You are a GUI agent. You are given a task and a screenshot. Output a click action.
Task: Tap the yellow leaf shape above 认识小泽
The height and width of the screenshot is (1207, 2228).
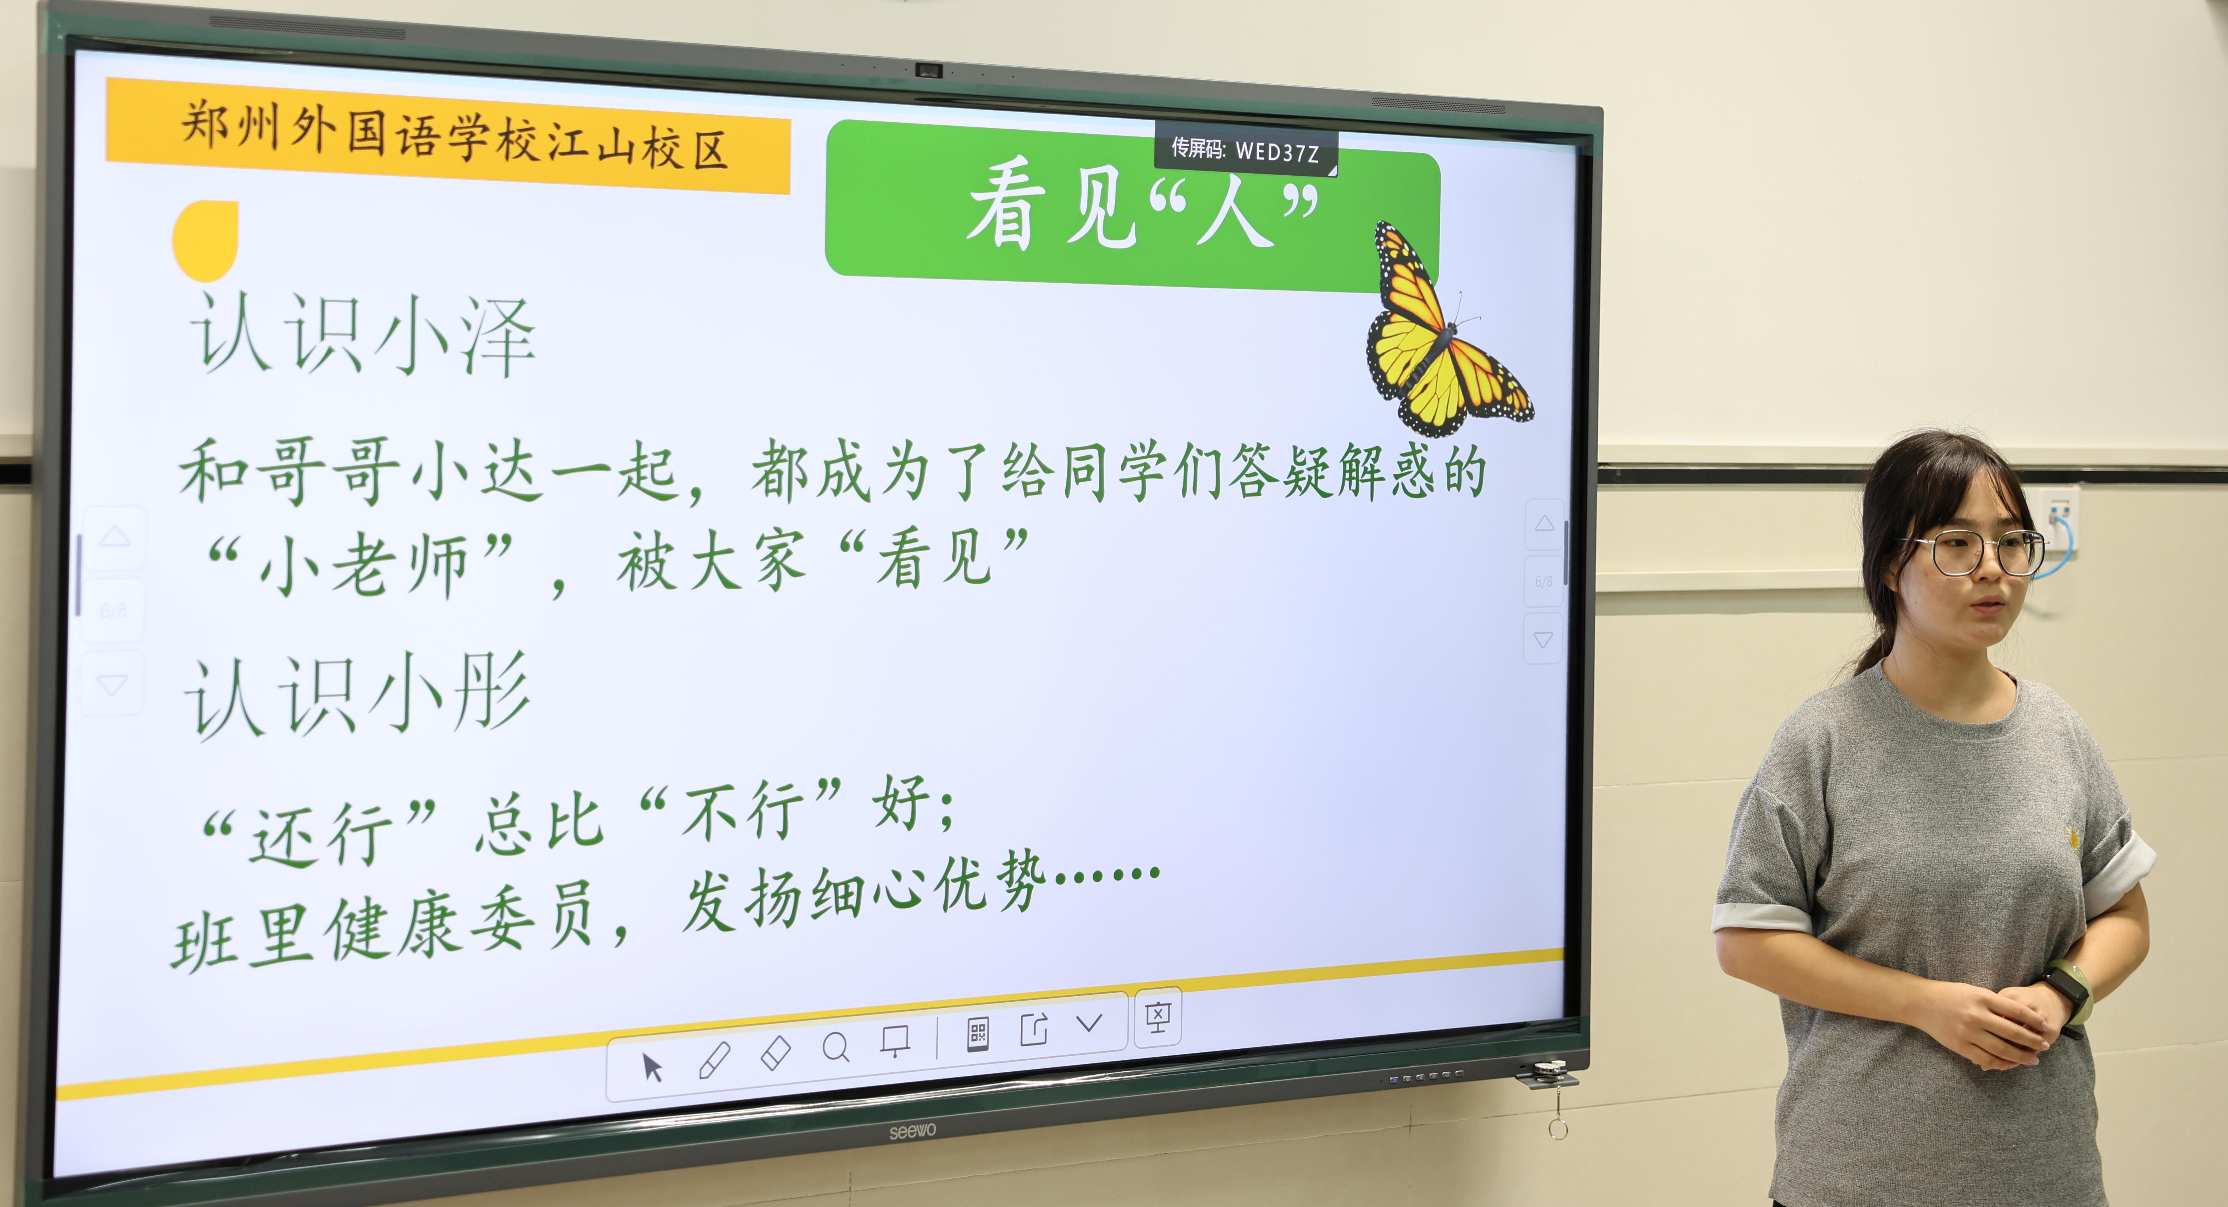tap(206, 241)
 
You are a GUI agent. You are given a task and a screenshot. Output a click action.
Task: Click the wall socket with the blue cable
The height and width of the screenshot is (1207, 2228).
tap(2059, 519)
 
